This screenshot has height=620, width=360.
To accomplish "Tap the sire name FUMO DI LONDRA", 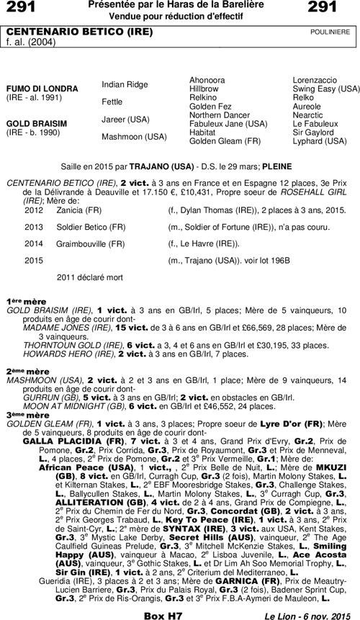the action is (42, 88).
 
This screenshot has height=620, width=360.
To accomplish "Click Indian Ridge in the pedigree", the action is (125, 84).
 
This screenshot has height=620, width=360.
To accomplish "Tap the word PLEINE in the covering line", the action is (277, 165).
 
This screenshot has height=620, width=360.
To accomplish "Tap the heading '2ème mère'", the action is (24, 371).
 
